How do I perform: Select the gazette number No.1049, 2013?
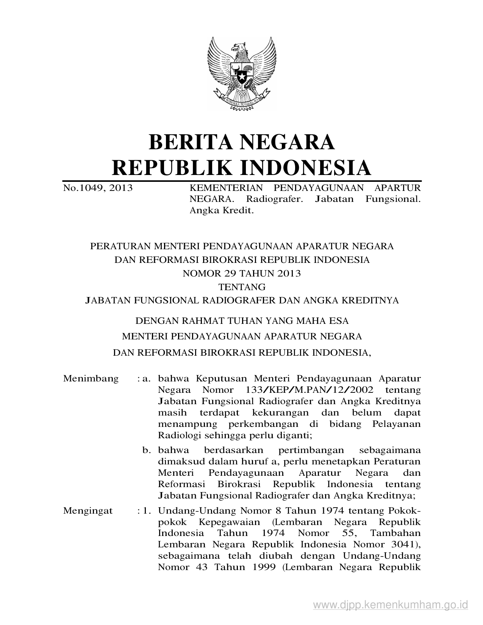pyautogui.click(x=98, y=187)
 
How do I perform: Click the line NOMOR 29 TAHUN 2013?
pyautogui.click(x=241, y=273)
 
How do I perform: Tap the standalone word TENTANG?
pyautogui.click(x=241, y=287)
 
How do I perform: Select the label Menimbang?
pyautogui.click(x=91, y=378)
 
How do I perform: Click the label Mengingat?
pyautogui.click(x=88, y=511)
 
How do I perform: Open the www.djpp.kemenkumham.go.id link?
pyautogui.click(x=391, y=605)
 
